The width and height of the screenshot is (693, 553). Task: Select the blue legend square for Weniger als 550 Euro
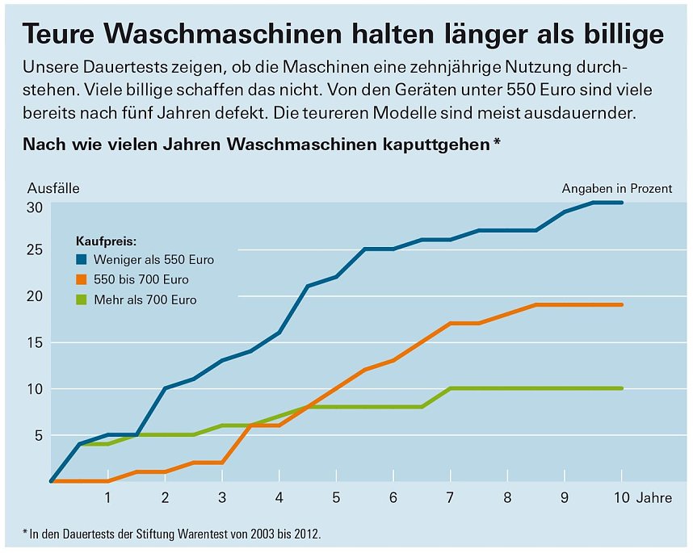(82, 260)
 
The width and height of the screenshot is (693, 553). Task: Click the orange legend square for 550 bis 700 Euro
(82, 280)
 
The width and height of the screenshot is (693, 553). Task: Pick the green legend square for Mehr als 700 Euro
(82, 300)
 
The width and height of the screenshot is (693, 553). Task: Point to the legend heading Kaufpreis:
(106, 241)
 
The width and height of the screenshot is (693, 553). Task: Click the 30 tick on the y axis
(35, 207)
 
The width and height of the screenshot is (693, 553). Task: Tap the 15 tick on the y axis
(35, 342)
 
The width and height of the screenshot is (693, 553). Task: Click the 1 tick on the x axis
(107, 497)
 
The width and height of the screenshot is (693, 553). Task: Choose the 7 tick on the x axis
(450, 497)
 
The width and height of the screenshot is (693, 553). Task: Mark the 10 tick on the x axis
(620, 497)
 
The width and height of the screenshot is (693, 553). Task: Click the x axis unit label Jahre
(654, 498)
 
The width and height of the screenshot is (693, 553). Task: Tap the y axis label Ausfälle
(53, 188)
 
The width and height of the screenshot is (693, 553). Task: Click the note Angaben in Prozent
(617, 188)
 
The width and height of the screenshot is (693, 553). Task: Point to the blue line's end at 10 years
(621, 203)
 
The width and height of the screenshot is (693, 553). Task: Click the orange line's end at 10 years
(621, 305)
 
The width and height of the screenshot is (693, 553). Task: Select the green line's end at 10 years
(621, 388)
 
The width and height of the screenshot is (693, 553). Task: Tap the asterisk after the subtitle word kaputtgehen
(496, 143)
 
